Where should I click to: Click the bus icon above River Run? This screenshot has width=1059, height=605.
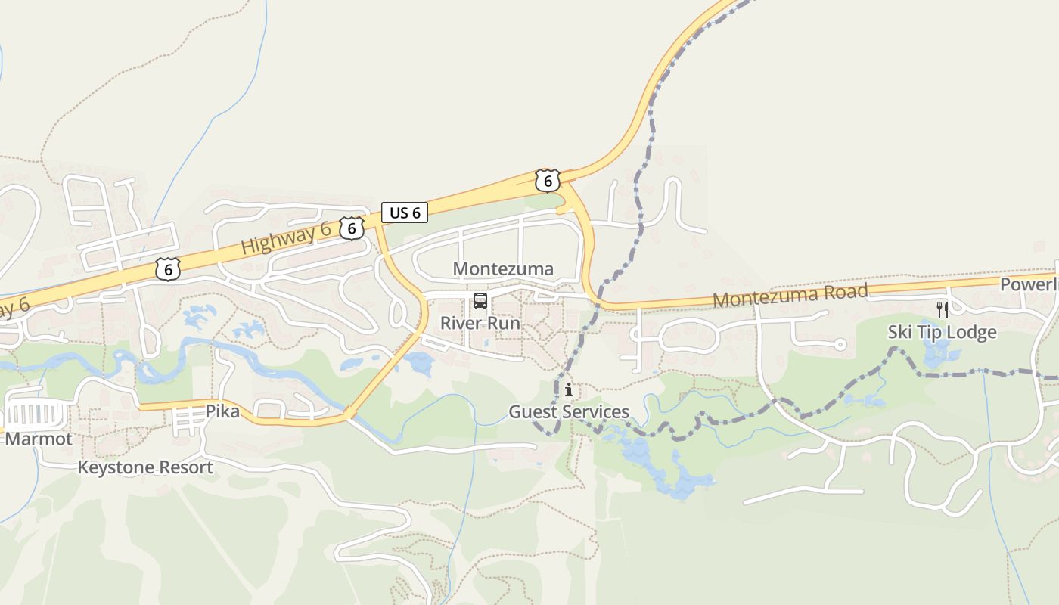coord(480,301)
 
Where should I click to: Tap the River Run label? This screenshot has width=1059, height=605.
coord(480,323)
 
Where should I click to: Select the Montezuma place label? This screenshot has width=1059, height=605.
coord(503,268)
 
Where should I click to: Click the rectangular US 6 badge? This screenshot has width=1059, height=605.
coord(405,213)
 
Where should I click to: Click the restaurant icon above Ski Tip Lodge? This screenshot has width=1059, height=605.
coord(942,310)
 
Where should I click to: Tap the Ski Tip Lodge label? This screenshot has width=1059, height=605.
coord(942,332)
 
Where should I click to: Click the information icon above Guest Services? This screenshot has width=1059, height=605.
coord(568,390)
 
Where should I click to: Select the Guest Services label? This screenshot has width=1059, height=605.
coord(568,412)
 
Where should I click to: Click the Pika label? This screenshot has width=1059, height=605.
coord(222,412)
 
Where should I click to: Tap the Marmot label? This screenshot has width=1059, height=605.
coord(39,439)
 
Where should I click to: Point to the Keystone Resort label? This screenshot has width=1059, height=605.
coord(145,467)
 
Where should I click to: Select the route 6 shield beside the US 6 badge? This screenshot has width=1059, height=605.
coord(351,228)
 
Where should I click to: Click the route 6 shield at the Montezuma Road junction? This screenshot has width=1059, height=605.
coord(547,180)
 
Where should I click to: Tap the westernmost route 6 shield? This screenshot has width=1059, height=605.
coord(168,268)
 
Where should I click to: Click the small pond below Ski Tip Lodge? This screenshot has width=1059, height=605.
coord(939,350)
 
